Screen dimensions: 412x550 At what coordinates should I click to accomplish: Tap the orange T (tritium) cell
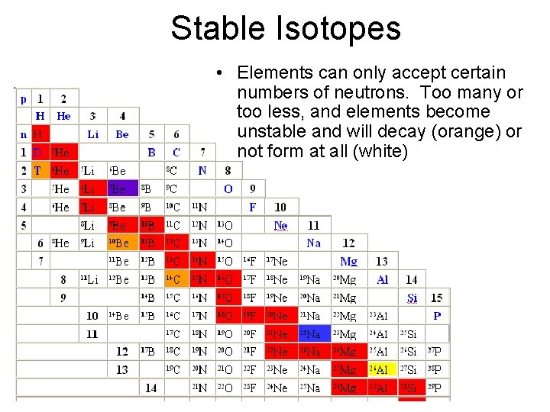coord(37,170)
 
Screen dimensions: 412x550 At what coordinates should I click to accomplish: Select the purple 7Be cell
coord(118,188)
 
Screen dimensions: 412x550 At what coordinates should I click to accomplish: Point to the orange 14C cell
coord(173,279)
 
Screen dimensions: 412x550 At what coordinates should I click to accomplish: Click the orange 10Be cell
coord(118,243)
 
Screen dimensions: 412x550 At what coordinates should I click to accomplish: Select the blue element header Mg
coord(348,262)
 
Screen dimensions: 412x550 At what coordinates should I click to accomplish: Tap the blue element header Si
coord(412,298)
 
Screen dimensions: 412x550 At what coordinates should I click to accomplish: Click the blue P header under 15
coord(437,316)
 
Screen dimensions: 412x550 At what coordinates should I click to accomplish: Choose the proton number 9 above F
coord(253,188)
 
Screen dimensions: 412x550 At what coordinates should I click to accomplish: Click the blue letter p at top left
coord(23,98)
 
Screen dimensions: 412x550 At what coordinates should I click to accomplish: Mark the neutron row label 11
coord(92,334)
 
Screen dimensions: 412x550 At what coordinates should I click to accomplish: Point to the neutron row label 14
coord(151,388)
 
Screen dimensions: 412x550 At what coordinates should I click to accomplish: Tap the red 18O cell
coord(225,316)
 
